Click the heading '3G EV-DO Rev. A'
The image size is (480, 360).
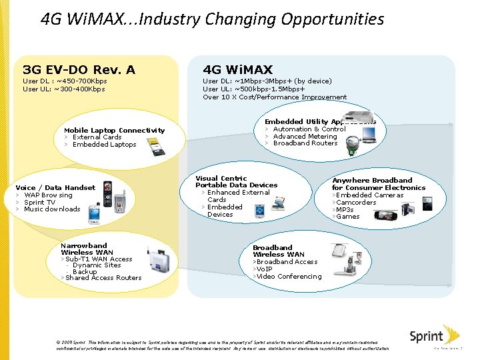point(79,69)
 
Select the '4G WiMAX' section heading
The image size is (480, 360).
point(237,69)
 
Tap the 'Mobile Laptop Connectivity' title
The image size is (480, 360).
point(114,130)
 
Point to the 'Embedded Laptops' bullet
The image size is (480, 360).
point(104,145)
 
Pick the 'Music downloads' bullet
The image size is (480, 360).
point(52,209)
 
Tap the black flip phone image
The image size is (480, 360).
point(107,189)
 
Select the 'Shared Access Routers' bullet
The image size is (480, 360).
point(103,278)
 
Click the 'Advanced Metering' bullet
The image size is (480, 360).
point(305,137)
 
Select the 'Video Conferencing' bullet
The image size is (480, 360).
point(289,276)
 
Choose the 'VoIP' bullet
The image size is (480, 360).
point(265,269)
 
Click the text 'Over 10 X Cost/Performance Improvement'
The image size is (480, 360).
point(275,97)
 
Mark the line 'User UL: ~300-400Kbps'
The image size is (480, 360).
point(64,89)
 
